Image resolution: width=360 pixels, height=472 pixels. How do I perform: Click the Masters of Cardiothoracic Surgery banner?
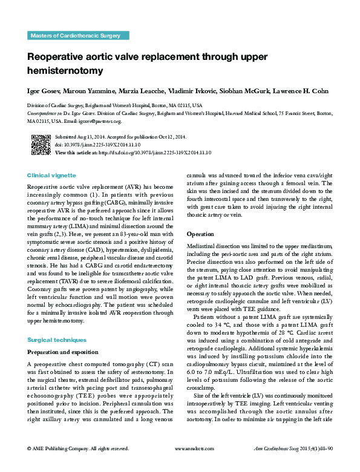[x=74, y=36]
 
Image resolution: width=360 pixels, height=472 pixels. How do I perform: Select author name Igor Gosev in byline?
[x=45, y=91]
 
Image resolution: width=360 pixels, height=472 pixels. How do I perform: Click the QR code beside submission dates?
[x=41, y=145]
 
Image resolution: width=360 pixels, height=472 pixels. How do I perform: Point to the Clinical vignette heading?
[x=52, y=175]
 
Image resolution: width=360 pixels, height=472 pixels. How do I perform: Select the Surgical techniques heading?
[x=57, y=340]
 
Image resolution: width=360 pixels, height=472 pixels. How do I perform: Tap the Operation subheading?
[x=200, y=234]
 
